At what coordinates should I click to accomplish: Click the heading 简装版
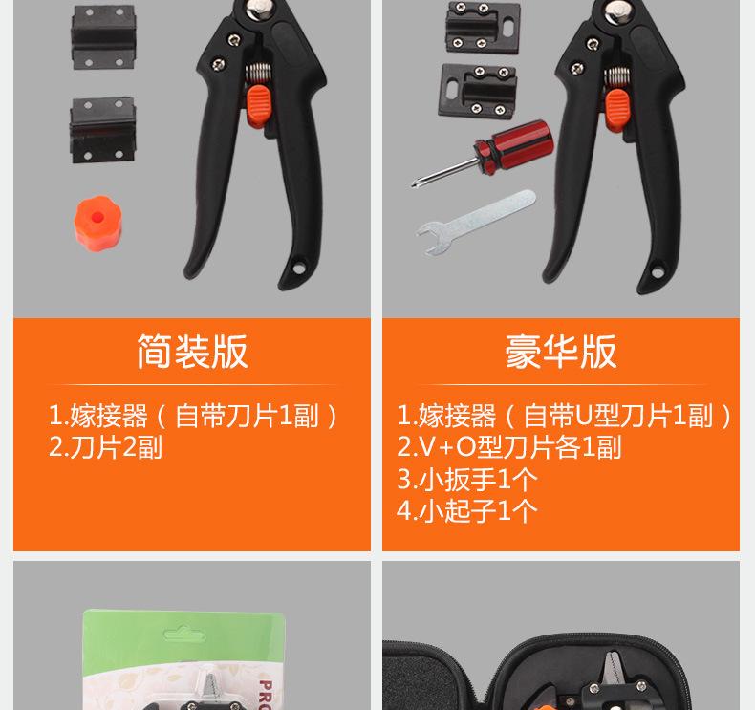coord(191,352)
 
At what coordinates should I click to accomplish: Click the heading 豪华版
coord(560,352)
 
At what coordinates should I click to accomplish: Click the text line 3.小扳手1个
coord(467,478)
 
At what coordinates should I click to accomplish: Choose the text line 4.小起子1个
coord(467,509)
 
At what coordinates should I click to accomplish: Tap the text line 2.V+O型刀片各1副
coord(509,446)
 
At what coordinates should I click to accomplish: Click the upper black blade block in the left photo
coord(102,39)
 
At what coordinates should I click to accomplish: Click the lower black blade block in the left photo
coord(102,130)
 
